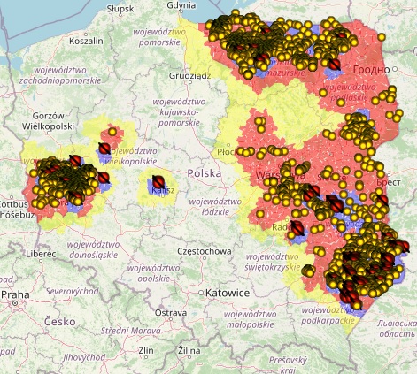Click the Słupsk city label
click(x=120, y=8)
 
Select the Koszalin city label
click(x=87, y=41)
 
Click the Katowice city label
click(x=227, y=292)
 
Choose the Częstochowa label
click(x=205, y=251)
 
